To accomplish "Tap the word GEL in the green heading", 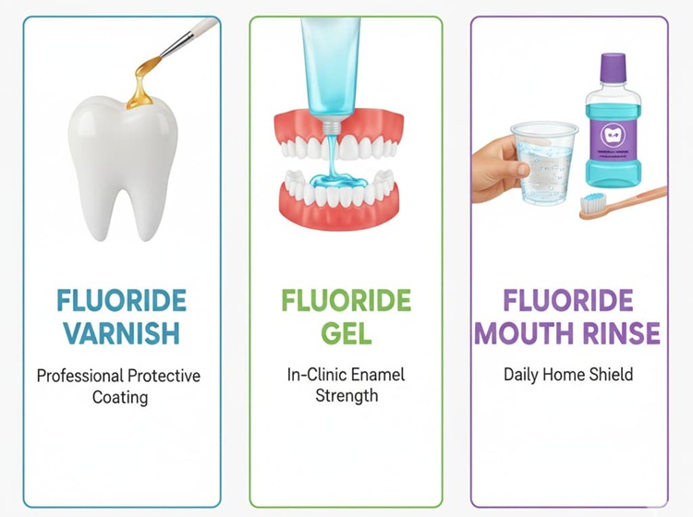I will pos(346,332).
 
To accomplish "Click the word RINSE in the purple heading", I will pos(621,332).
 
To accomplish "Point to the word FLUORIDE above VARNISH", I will pos(120,300).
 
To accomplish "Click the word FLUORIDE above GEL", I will pos(346,300).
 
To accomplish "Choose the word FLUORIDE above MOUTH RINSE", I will pos(568,300).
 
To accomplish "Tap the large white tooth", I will pos(120,162).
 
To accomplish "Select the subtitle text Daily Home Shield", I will pos(567,375).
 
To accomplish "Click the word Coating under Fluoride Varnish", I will pos(118,397).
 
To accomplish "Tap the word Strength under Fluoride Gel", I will pos(346,397).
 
